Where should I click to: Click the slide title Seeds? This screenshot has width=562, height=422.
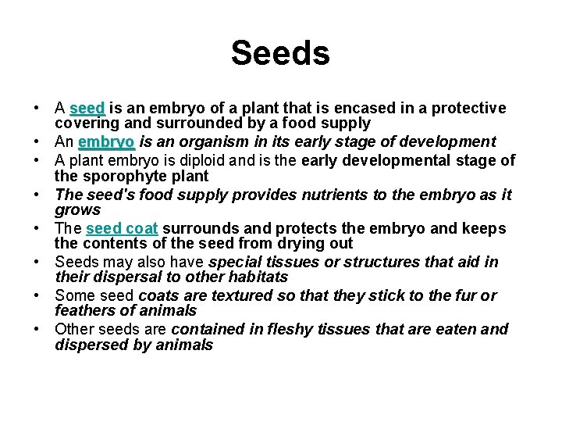(280, 53)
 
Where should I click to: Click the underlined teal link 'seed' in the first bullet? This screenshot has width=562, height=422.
(87, 108)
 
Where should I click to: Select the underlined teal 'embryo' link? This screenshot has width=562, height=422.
(106, 141)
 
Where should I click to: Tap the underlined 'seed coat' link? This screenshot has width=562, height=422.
(122, 228)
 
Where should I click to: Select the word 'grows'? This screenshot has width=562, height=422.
(78, 210)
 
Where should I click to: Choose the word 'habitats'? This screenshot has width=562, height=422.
(258, 277)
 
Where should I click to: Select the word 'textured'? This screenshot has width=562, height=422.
(222, 295)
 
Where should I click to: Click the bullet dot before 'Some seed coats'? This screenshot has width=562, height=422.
(37, 296)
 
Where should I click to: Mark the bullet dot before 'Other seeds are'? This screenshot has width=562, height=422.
(37, 330)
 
